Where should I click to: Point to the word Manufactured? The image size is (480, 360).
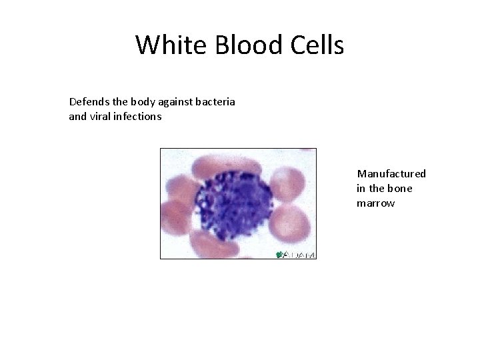coord(391,174)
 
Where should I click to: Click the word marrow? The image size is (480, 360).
coord(375,203)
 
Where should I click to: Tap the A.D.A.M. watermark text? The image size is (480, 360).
coord(301,254)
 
